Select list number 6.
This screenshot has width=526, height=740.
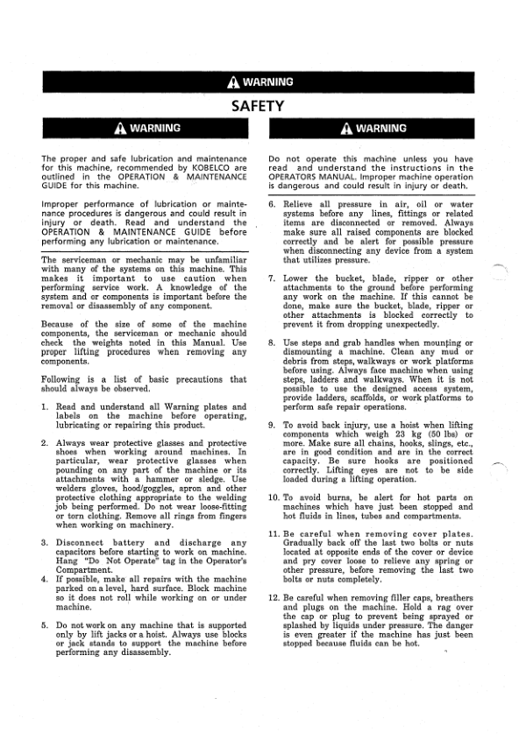pos(273,204)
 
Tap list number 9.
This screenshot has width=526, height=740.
pos(273,424)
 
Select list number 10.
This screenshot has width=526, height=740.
pos(274,497)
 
